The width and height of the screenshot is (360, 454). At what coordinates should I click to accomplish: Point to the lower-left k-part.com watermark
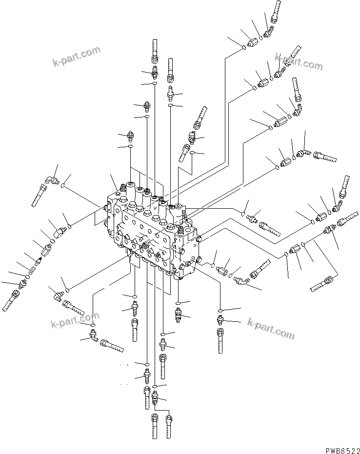tap(75, 322)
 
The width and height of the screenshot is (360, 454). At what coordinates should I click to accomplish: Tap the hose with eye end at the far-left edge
tap(11, 300)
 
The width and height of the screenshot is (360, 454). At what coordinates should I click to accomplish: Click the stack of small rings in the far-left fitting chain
tap(33, 269)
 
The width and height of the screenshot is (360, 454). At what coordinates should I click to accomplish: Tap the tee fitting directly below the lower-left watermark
tap(92, 336)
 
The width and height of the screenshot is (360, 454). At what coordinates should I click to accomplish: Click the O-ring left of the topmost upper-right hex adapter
tap(243, 47)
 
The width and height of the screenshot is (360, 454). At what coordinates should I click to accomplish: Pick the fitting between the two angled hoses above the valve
tap(192, 138)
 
